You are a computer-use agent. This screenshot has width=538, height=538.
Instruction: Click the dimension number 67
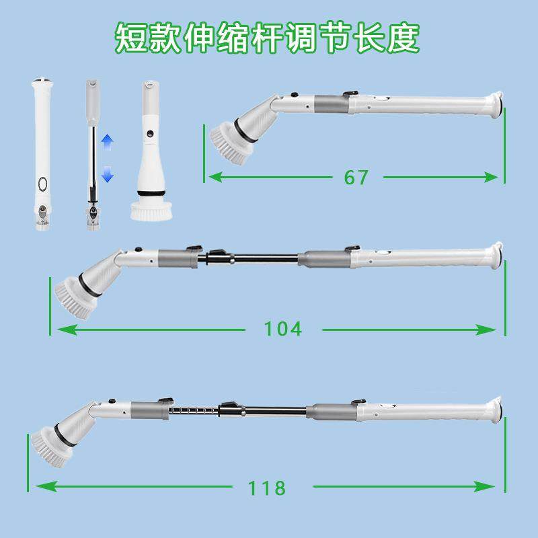click(x=356, y=178)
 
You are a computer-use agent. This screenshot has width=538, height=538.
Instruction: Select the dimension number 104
click(x=282, y=329)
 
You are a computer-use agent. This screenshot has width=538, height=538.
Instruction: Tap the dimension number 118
click(x=267, y=487)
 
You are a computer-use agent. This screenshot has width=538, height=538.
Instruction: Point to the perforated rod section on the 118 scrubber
click(x=192, y=410)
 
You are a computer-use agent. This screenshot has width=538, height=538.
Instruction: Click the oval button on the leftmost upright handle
click(x=42, y=184)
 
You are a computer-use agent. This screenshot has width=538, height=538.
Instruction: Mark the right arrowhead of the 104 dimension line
click(x=490, y=330)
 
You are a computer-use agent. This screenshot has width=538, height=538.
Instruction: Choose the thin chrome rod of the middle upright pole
click(x=91, y=161)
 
